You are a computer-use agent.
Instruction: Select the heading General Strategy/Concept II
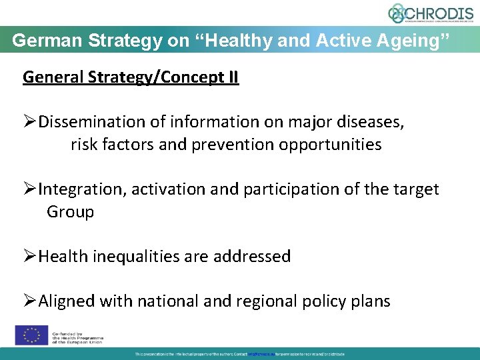[131, 77]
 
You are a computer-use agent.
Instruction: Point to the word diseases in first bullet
[371, 122]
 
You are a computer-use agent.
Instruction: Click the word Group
[70, 212]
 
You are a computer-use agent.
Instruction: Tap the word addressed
[256, 257]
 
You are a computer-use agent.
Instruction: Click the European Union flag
[31, 334]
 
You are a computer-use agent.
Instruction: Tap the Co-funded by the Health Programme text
[77, 334]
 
